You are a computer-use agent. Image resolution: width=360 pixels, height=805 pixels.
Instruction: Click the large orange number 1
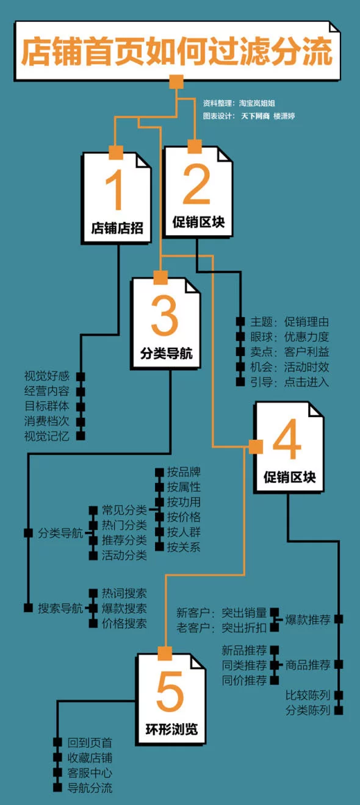[116, 190]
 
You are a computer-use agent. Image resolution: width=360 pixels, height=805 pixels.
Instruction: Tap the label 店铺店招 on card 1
[117, 228]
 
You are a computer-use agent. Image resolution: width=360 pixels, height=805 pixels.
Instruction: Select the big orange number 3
[164, 316]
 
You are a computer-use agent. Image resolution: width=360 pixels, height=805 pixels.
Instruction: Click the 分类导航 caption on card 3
[166, 353]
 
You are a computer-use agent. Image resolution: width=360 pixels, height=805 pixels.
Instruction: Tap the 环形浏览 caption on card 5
[171, 729]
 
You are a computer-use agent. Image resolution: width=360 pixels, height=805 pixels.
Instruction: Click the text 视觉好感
[47, 376]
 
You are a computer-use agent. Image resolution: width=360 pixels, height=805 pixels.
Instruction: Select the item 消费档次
[47, 421]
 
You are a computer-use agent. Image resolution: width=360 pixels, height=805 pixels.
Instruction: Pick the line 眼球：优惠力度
[289, 337]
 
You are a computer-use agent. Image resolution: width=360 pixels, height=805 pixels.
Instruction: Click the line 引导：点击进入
[289, 382]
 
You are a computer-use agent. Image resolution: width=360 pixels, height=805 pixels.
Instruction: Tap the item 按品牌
[184, 472]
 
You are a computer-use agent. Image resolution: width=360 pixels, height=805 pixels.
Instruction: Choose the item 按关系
[184, 547]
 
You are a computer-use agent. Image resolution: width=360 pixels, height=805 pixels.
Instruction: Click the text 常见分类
[124, 510]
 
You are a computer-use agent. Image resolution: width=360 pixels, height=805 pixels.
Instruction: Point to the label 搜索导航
[60, 608]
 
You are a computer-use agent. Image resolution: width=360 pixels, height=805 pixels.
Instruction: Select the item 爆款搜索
[124, 608]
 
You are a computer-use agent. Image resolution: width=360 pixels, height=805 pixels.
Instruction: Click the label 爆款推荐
[308, 620]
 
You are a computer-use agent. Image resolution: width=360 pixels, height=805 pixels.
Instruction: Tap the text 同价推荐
[244, 680]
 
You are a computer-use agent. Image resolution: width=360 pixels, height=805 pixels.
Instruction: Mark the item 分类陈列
[308, 710]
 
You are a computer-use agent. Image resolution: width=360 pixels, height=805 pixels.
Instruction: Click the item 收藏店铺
[90, 757]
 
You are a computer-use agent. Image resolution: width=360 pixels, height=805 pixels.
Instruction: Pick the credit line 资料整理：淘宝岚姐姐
[239, 103]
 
